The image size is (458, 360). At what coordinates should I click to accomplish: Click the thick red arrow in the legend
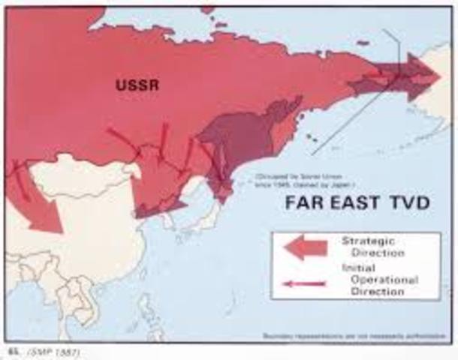305,247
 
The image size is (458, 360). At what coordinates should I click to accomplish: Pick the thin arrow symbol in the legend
303,283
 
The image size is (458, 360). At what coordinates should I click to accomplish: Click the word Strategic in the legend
367,241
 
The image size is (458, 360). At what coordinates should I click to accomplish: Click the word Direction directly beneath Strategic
375,253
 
